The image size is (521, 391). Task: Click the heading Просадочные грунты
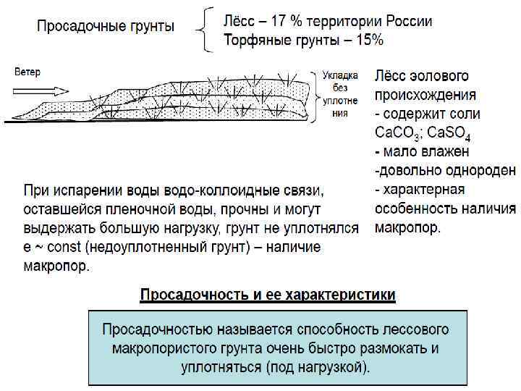coord(106,28)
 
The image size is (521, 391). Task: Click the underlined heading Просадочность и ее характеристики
coord(268,295)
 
